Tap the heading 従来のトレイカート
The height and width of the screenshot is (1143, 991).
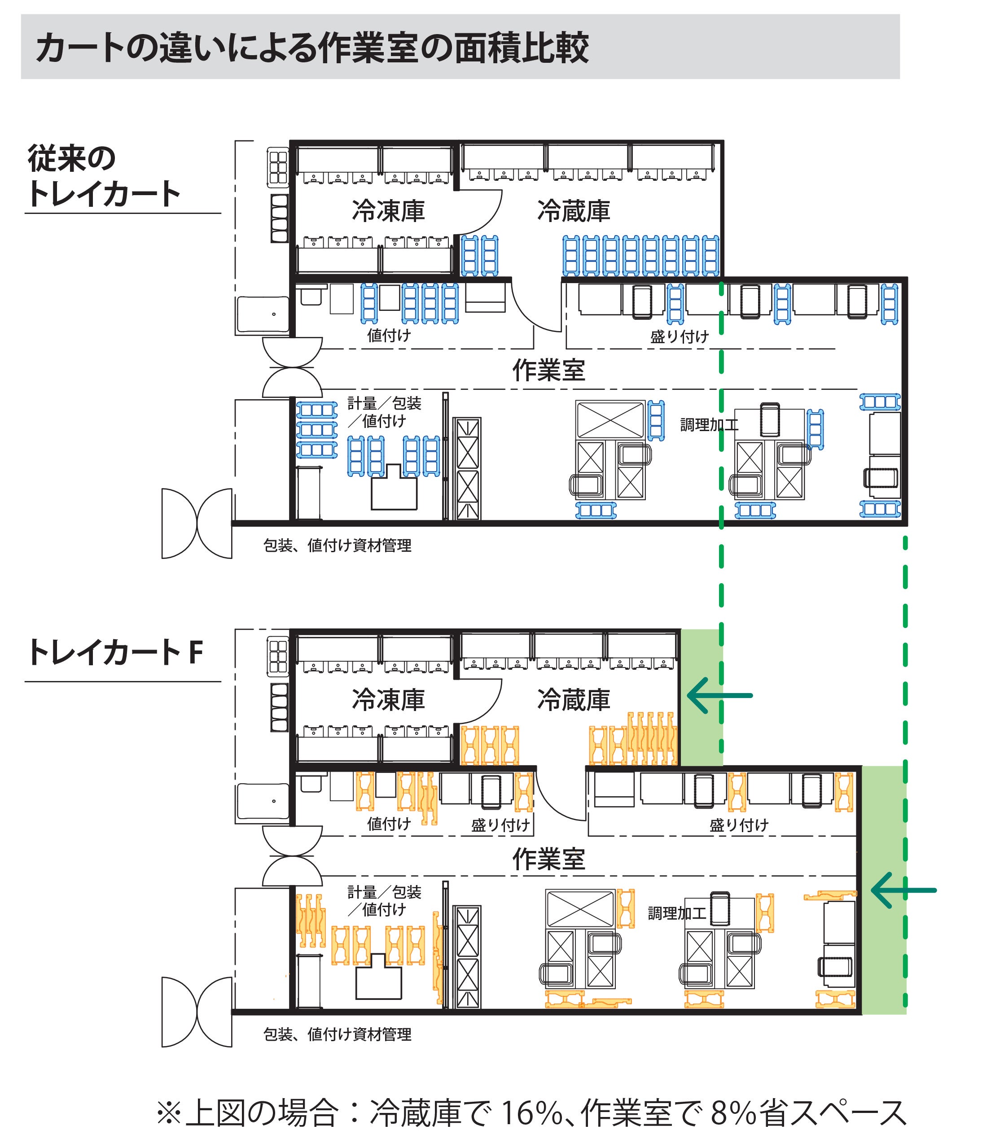pos(104,176)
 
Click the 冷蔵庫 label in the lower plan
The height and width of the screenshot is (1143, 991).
pos(574,699)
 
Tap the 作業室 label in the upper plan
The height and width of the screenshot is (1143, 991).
pos(548,370)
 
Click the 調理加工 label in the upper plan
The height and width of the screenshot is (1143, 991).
pos(709,424)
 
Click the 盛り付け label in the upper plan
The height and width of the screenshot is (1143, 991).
pos(679,336)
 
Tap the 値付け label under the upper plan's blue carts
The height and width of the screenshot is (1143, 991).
pos(389,335)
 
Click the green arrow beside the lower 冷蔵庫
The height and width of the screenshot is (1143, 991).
pos(719,695)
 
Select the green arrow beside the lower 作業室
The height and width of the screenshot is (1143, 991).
pos(903,890)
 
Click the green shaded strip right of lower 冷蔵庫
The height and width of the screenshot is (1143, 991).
pos(701,698)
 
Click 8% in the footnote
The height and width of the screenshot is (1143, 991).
pos(733,1112)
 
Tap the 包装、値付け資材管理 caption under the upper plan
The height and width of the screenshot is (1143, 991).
pos(338,545)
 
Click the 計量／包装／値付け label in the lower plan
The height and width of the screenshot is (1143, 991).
pos(384,900)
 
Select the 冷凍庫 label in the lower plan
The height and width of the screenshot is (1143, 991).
pos(388,699)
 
